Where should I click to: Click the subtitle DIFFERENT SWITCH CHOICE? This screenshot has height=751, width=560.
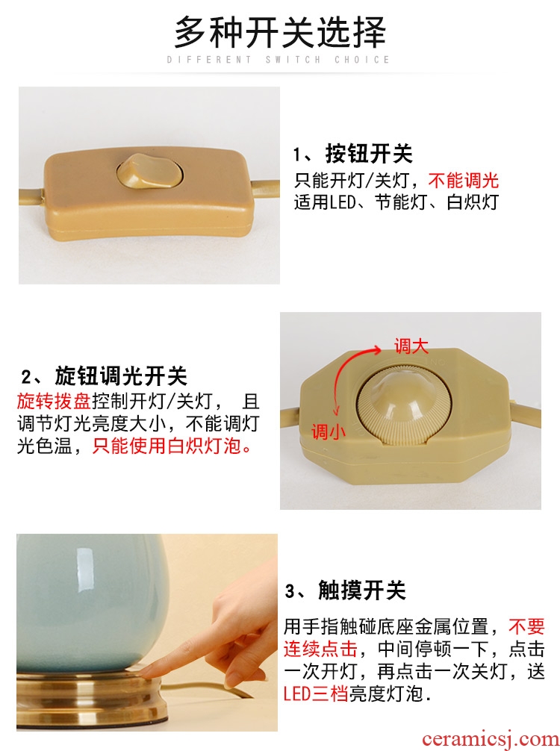point(279,60)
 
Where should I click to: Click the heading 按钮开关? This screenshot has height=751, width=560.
point(368,154)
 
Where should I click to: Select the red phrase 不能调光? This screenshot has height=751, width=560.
point(463,181)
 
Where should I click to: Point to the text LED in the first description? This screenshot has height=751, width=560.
point(343,202)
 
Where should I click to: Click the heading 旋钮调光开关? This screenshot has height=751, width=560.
point(121,376)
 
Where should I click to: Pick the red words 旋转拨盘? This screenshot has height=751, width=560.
point(54,400)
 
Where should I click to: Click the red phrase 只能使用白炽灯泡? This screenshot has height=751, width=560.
point(172,446)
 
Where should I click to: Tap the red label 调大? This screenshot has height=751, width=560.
point(411,346)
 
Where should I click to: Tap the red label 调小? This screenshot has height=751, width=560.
point(328,431)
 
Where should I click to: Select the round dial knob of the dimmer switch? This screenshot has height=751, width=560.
point(405,400)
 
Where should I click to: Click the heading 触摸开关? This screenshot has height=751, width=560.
point(361,590)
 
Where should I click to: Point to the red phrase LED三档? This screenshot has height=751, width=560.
point(316,693)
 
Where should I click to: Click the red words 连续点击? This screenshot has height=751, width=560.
point(320,649)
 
